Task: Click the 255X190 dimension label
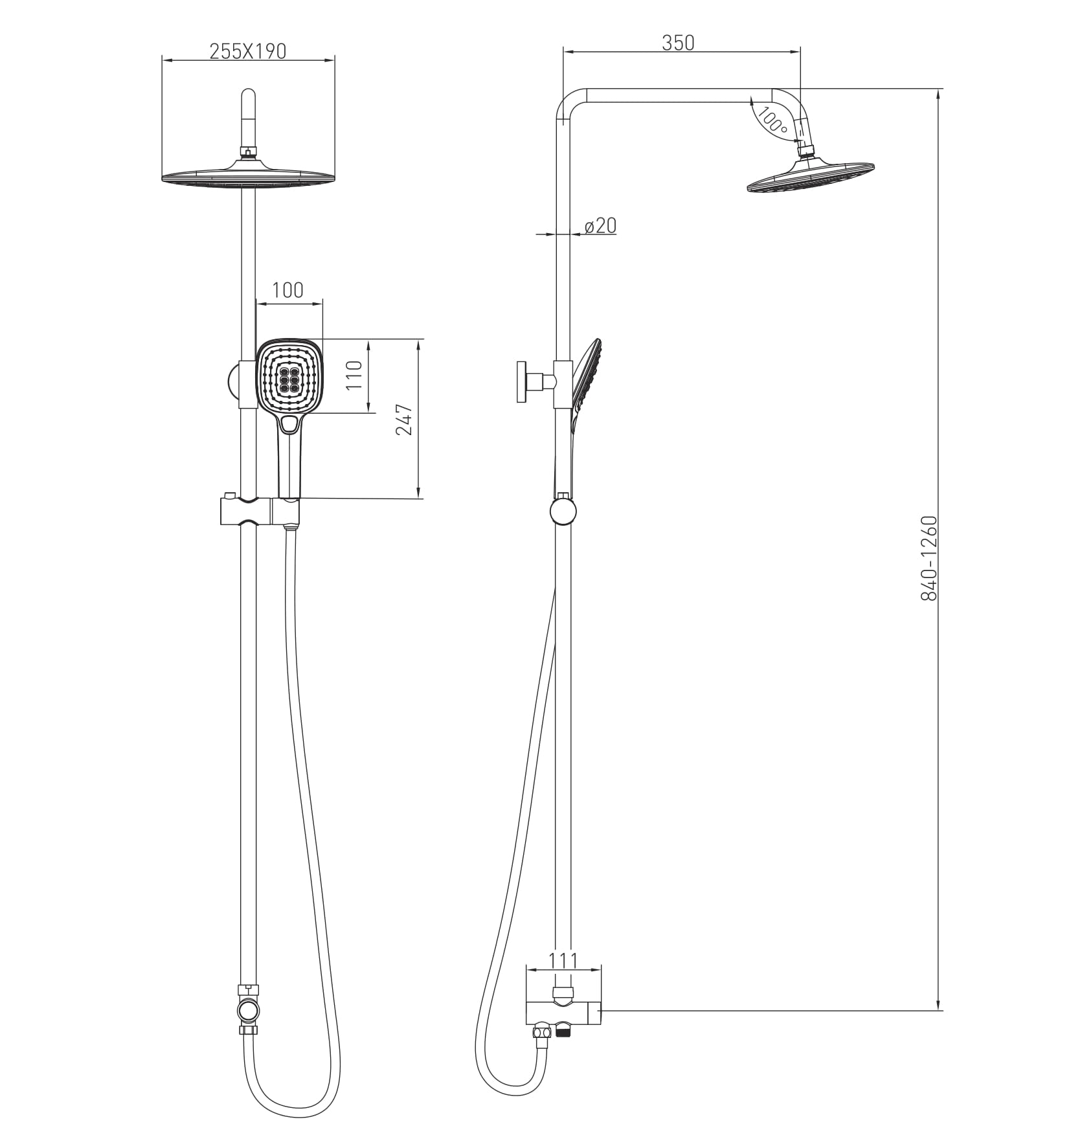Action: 247,51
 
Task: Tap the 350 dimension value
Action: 678,43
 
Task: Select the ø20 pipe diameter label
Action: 600,225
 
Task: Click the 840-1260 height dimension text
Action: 929,558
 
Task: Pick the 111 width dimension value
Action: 563,960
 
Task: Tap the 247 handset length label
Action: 404,419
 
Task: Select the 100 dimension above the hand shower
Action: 287,289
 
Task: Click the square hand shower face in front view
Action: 289,377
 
